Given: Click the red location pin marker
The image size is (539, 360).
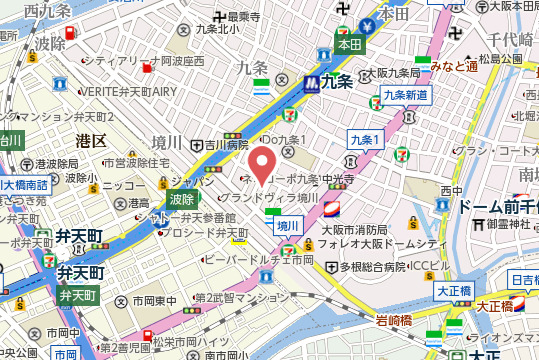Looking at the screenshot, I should pyautogui.click(x=263, y=165).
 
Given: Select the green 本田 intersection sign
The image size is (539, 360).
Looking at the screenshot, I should pyautogui.click(x=347, y=44).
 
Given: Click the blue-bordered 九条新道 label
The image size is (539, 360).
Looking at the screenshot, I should pyautogui.click(x=405, y=95).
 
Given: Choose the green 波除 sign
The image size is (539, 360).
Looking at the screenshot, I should pyautogui.click(x=181, y=199).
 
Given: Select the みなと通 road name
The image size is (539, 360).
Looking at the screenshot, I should pyautogui.click(x=452, y=66).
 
